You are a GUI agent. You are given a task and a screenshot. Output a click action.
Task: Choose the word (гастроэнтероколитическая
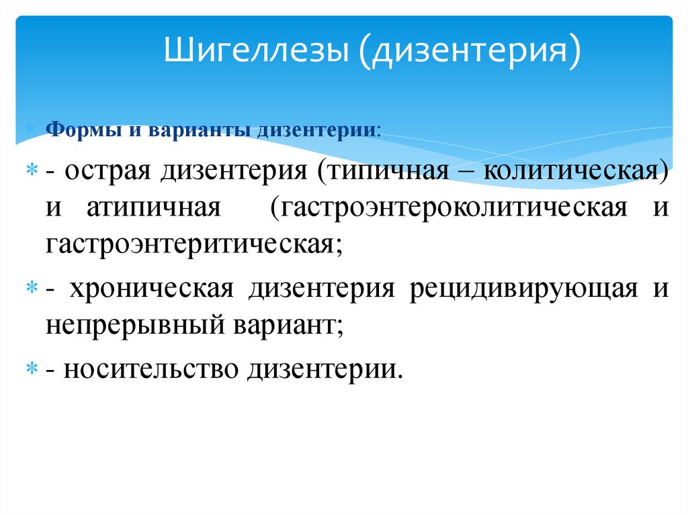click(x=449, y=207)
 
